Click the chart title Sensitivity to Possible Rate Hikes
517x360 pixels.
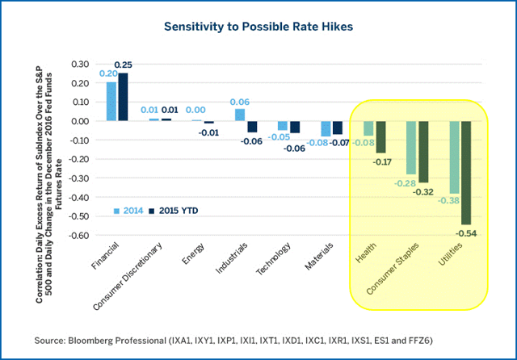coord(258,27)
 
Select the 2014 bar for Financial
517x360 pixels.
coord(111,101)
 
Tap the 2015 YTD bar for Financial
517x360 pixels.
coord(123,97)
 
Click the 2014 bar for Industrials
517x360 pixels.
coord(240,115)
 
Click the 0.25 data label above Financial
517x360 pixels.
coord(124,65)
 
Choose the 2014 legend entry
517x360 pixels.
coord(129,211)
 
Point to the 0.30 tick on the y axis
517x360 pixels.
coord(80,64)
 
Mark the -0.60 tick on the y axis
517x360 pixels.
coord(78,236)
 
